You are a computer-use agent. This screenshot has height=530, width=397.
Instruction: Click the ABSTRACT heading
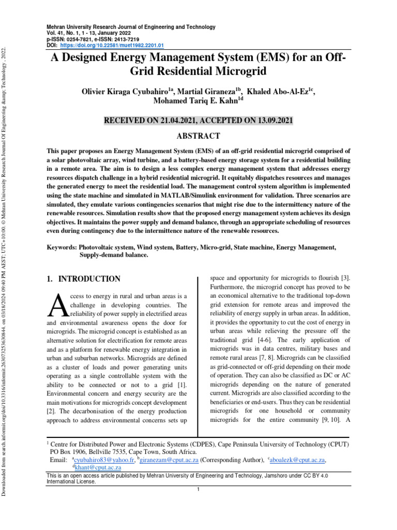tap(199, 136)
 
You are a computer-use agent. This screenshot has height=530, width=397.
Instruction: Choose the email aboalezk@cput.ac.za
tap(298, 460)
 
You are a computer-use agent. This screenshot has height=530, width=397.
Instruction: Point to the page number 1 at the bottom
tap(198, 490)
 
